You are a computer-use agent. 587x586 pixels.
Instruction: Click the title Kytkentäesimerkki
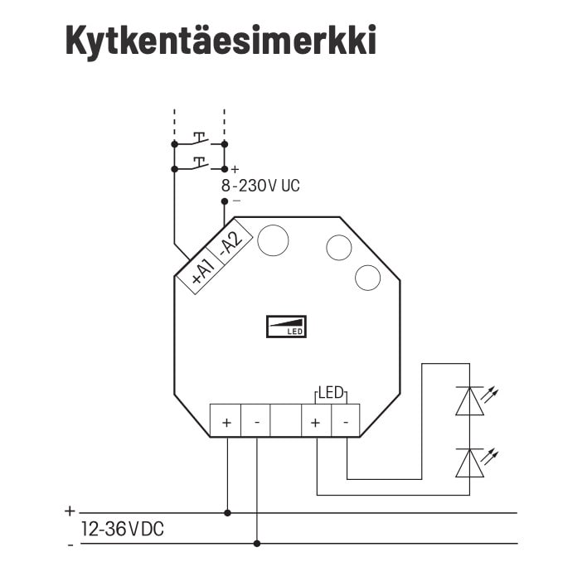point(221,41)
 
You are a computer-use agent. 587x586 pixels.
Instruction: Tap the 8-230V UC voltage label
point(260,186)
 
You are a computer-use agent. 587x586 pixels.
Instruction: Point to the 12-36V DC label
point(123,529)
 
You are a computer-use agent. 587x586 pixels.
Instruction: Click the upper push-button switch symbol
point(201,139)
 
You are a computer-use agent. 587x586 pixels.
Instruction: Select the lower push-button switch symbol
point(201,164)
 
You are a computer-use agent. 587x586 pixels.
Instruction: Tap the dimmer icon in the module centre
point(286,327)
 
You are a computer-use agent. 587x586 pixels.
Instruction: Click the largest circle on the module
point(274,240)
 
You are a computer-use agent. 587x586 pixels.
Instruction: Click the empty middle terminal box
point(286,420)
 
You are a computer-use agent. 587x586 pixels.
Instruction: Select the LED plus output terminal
point(316,420)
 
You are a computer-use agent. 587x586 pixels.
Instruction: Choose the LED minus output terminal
point(346,420)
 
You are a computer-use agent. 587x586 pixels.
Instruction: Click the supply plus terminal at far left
point(226,420)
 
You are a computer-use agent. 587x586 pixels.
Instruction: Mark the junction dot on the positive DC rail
point(227,513)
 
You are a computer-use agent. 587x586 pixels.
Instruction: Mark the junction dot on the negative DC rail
point(257,544)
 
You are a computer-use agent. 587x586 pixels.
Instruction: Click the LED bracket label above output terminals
point(331,393)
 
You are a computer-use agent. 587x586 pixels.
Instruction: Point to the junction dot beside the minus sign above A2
point(225,201)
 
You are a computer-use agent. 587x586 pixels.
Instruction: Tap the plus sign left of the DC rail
point(70,511)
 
